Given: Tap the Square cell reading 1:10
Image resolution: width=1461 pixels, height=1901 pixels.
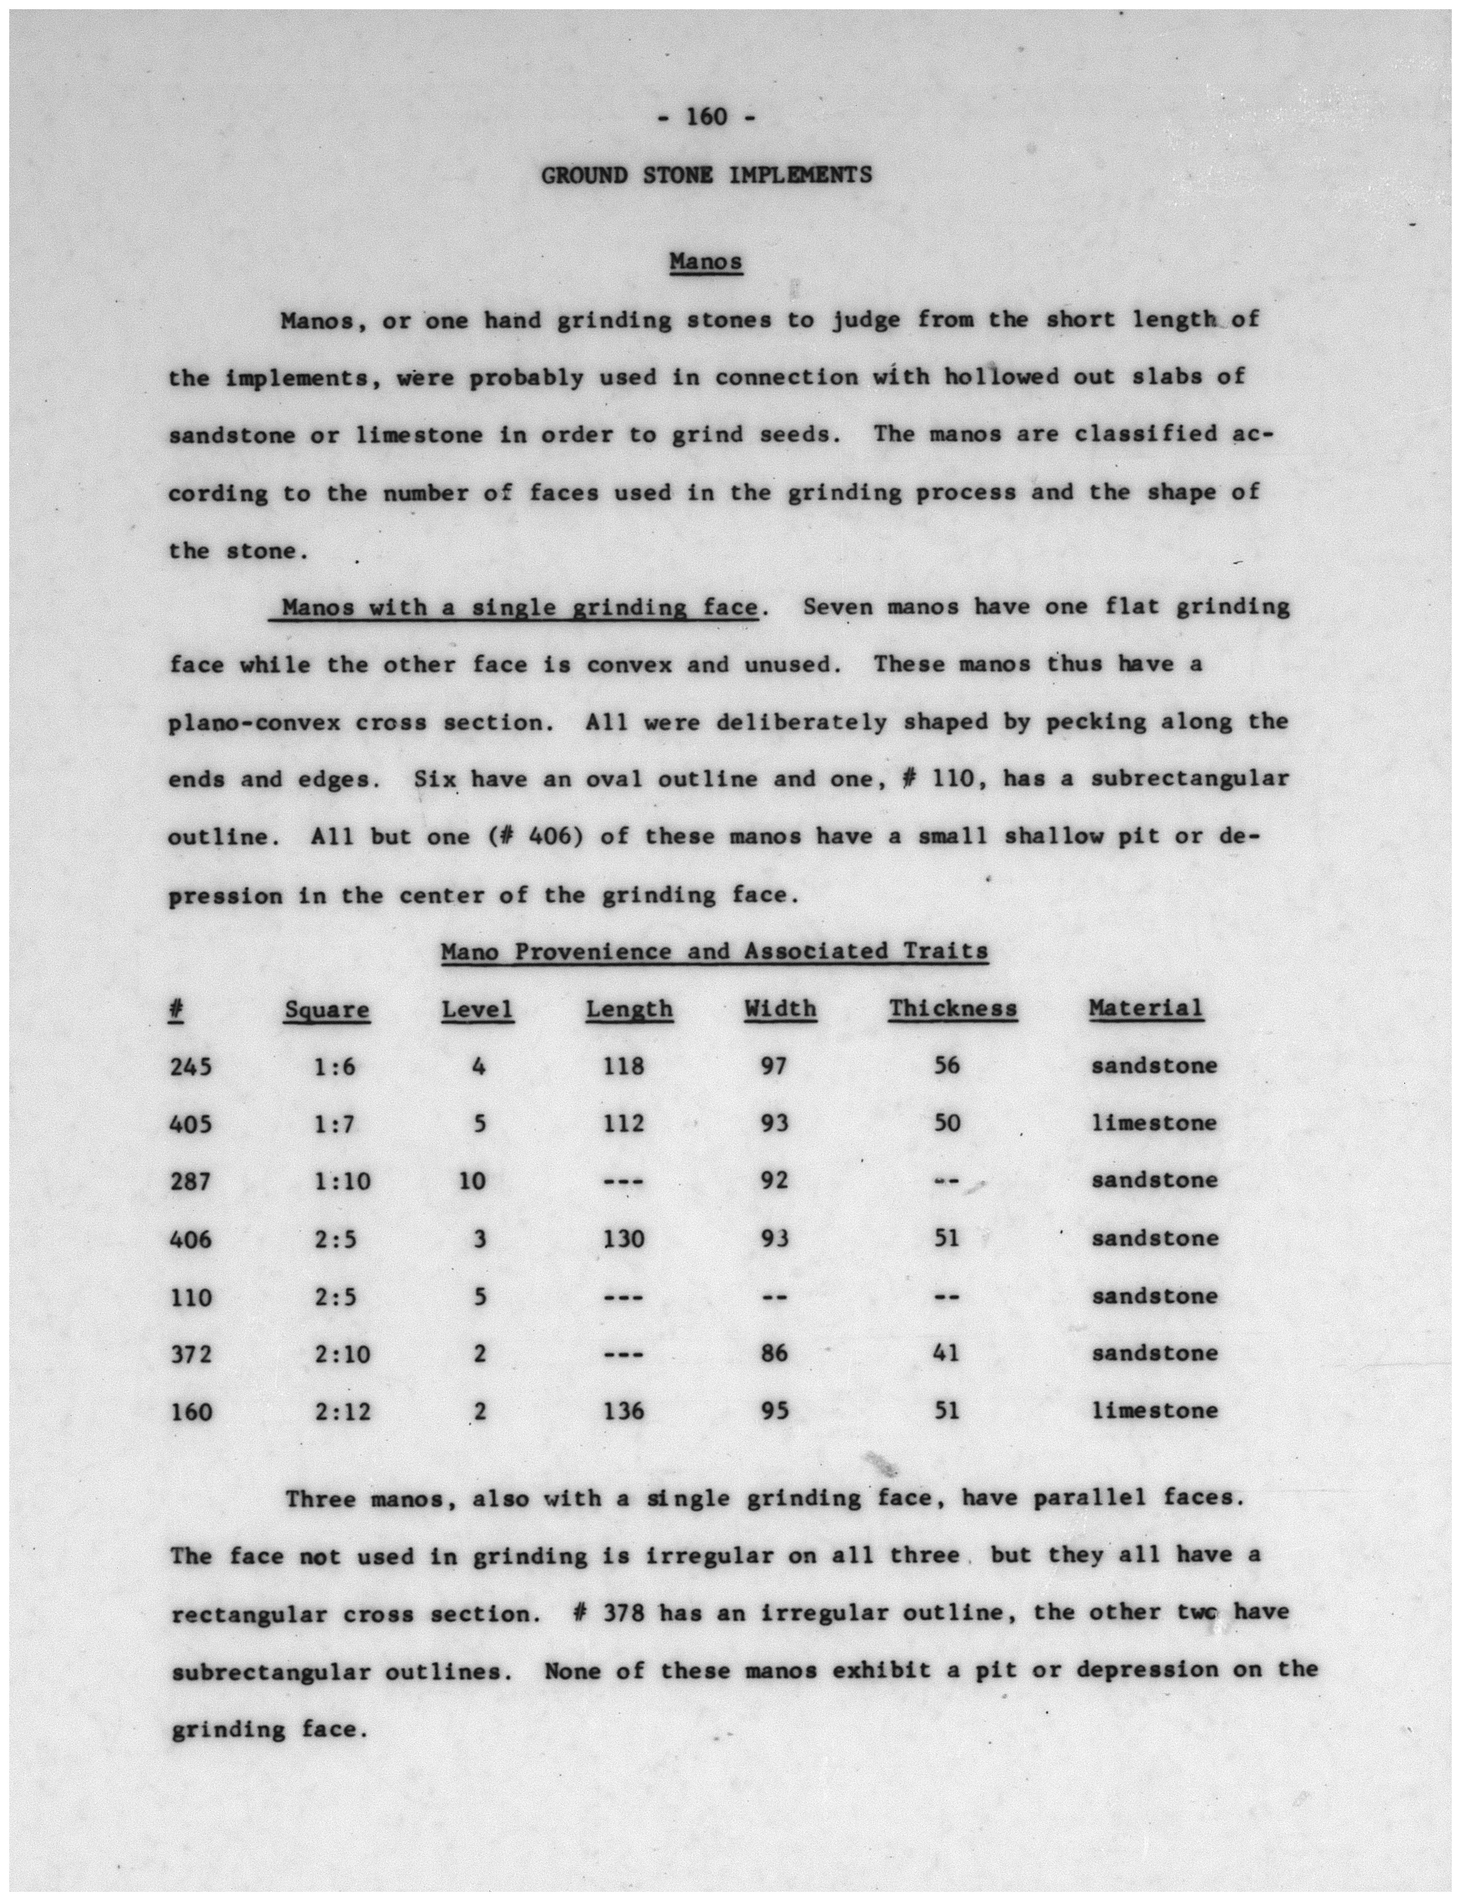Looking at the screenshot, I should point(342,1181).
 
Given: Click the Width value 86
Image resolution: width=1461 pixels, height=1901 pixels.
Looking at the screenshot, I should point(773,1353).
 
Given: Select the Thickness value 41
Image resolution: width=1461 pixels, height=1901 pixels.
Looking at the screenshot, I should point(946,1353).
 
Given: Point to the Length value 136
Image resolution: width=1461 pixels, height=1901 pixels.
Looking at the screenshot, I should point(624,1410).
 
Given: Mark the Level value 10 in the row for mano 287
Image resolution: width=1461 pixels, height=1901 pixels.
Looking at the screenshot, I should point(472,1181).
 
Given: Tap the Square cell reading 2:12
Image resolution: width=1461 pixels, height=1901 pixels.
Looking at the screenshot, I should point(342,1410).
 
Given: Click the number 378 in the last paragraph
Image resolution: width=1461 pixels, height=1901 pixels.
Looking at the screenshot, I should point(623,1613).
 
